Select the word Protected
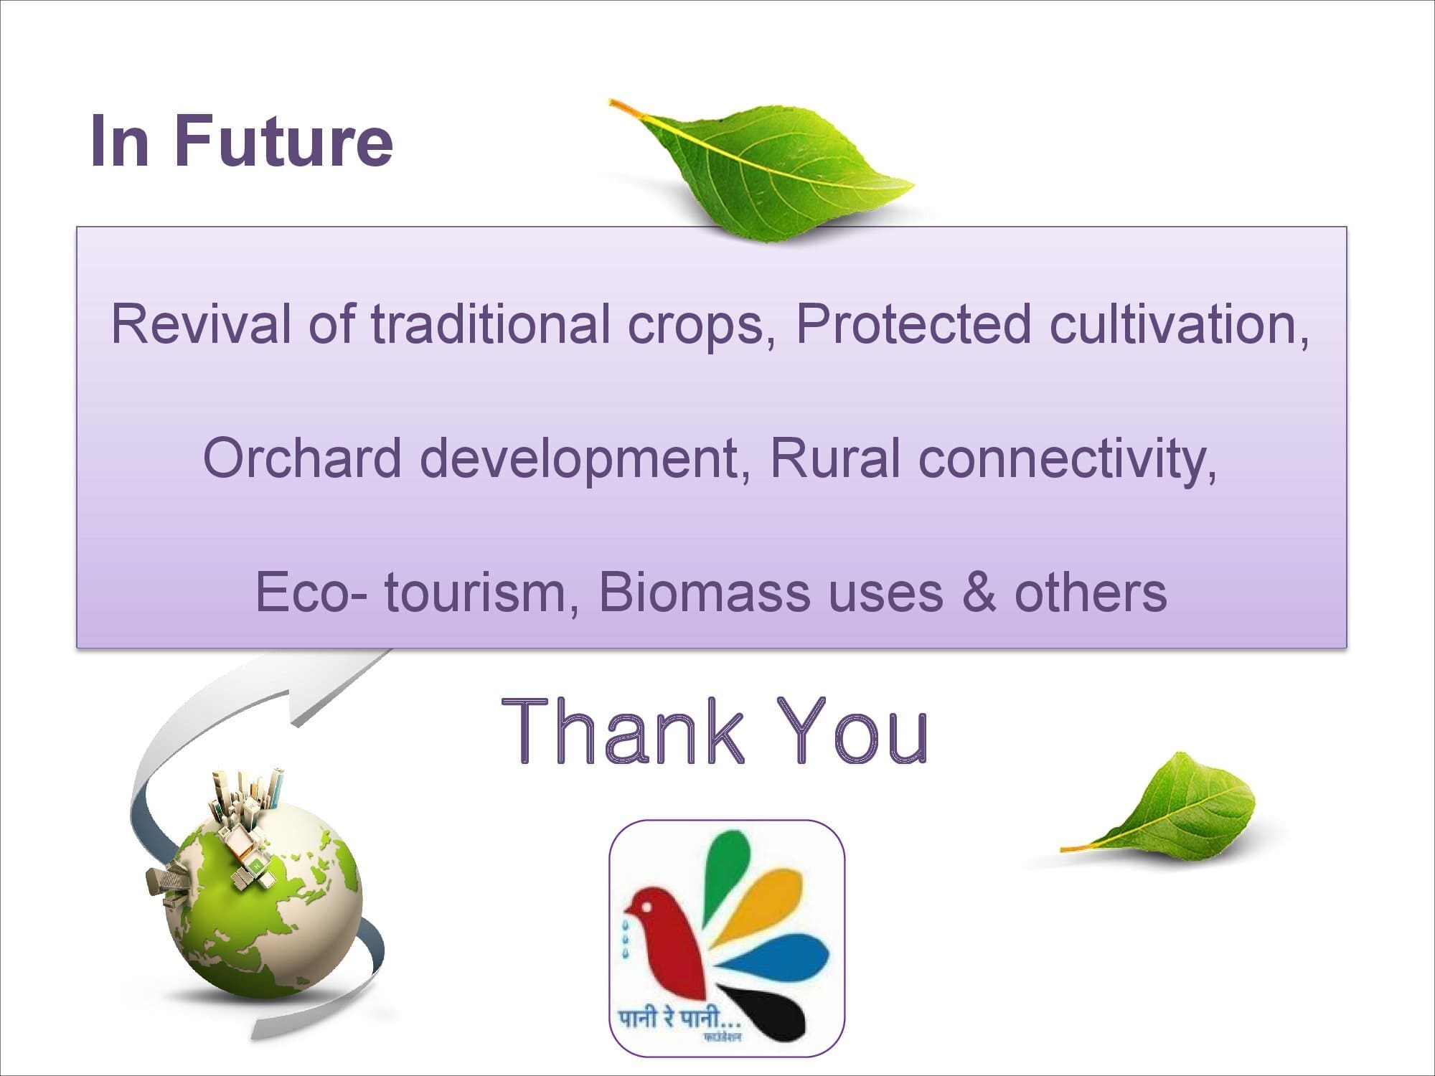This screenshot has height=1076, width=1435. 913,324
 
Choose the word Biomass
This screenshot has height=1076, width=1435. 703,592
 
